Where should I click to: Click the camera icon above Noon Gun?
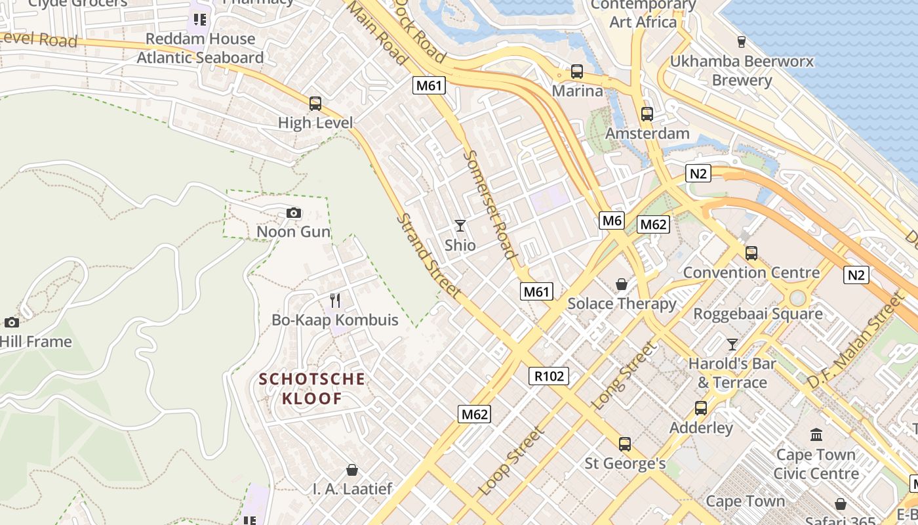(294, 213)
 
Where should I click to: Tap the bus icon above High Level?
(315, 104)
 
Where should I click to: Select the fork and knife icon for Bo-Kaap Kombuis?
(335, 301)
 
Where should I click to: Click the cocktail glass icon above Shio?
(460, 226)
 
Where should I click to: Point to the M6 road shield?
(611, 220)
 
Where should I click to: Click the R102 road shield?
(549, 376)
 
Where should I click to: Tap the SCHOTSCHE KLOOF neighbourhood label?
(311, 388)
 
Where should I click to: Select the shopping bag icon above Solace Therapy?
(621, 284)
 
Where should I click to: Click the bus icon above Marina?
(577, 72)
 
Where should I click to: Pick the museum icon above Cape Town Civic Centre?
(816, 435)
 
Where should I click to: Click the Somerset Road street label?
(489, 204)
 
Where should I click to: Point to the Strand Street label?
(429, 256)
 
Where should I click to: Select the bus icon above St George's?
(625, 444)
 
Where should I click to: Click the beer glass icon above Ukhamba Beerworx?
(742, 42)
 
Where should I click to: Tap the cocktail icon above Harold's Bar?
(732, 344)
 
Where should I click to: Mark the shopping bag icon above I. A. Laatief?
(352, 470)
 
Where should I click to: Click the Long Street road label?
(624, 376)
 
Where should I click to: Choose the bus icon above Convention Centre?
(751, 253)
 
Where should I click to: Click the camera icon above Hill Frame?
(12, 322)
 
